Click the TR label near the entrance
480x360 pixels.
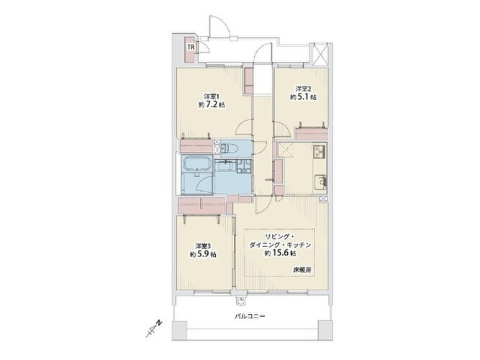[191, 48]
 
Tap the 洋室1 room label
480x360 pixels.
[212, 95]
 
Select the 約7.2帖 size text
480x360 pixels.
[212, 105]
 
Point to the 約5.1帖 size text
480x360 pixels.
[303, 98]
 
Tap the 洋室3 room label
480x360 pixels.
[203, 246]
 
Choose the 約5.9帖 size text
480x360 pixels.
[203, 255]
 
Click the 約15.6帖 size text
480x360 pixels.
[280, 253]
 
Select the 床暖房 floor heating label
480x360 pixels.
[302, 271]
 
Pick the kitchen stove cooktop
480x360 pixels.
[320, 150]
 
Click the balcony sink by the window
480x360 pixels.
[242, 300]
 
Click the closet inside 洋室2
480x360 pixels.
[311, 134]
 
